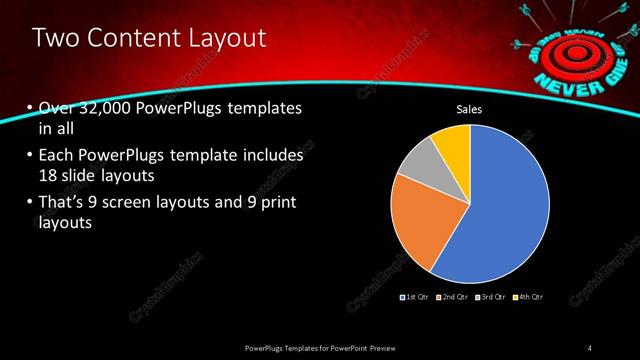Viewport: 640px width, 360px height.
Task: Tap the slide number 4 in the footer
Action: point(590,347)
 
